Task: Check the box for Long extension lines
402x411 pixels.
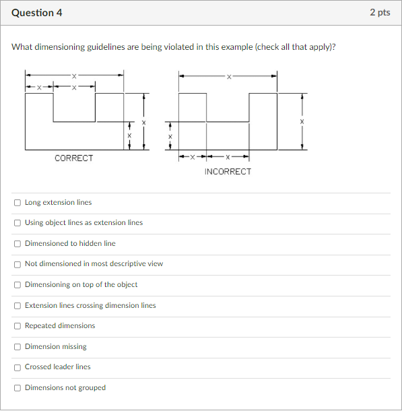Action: (17, 202)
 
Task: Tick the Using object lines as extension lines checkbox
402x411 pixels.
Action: (17, 223)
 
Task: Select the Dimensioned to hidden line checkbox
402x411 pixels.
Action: (17, 243)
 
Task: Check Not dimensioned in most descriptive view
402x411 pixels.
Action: (17, 264)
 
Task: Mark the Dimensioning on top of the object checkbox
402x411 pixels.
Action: (17, 285)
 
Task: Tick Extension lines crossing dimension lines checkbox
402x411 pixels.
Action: (17, 306)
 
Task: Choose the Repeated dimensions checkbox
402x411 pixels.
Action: (17, 326)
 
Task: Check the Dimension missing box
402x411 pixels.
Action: (17, 347)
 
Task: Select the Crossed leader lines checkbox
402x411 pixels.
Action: (17, 367)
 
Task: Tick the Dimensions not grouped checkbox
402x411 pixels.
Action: (17, 388)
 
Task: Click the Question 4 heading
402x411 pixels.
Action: (37, 13)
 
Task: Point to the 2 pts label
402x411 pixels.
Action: (380, 13)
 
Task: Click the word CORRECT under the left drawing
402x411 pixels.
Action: (74, 158)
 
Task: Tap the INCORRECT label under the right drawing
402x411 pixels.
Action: (228, 172)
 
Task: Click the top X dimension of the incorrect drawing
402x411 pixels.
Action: (228, 76)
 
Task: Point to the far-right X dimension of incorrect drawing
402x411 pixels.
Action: (302, 122)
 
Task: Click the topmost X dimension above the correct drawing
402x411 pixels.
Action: (74, 75)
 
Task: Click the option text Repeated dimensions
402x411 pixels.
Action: (60, 326)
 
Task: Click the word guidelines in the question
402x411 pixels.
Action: (106, 48)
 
